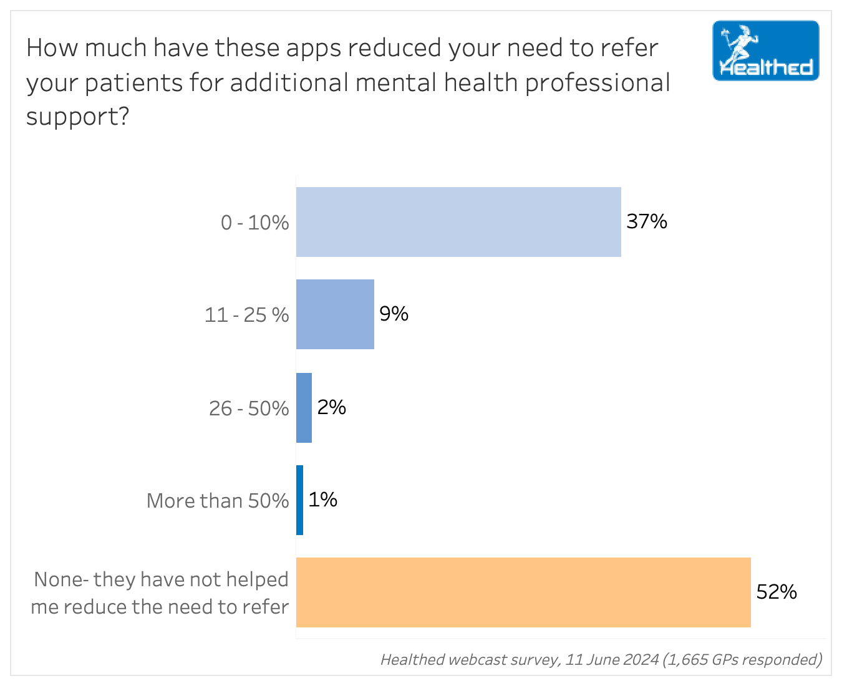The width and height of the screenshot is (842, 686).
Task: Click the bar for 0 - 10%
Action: pos(458,222)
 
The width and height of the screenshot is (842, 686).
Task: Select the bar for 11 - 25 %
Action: pos(335,314)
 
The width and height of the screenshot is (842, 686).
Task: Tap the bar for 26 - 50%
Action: pos(304,408)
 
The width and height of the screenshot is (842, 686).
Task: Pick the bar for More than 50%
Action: pos(300,500)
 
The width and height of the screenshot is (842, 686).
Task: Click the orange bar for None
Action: pos(523,592)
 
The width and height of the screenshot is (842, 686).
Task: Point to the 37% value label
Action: pos(647,221)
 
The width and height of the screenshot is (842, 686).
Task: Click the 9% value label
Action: pos(394,313)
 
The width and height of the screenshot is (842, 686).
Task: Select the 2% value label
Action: pos(331,407)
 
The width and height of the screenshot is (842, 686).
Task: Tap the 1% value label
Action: pos(322,500)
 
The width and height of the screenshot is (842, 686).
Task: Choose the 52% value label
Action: pos(777,591)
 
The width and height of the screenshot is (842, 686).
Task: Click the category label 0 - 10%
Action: pos(254,223)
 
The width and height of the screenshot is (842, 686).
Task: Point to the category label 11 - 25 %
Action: pos(246,315)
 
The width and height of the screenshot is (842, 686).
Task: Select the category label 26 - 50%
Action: pos(249,408)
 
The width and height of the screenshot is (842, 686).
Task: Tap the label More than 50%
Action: pos(218,501)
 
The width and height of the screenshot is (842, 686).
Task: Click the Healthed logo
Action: pos(765,51)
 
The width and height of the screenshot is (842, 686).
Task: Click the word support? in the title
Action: pos(77,117)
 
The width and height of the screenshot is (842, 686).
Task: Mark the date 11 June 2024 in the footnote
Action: pos(612,659)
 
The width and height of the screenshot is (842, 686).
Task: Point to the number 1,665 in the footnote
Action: pos(688,659)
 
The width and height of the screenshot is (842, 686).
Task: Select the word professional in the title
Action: pos(598,83)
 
